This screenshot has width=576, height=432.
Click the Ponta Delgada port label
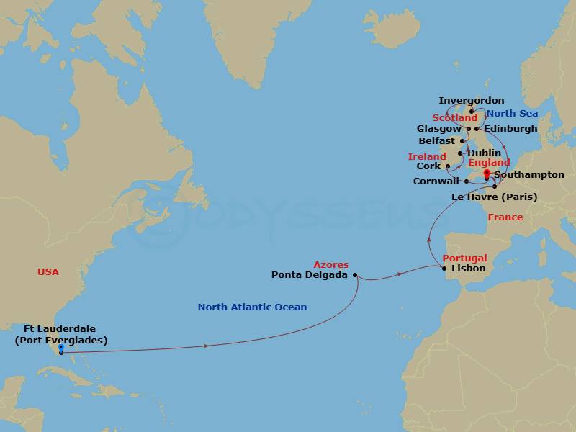coord(310,274)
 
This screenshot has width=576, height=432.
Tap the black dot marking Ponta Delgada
coord(355,274)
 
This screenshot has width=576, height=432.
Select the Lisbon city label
coord(468,269)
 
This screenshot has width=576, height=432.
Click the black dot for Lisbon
coord(444,269)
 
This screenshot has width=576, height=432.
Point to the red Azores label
coord(331,264)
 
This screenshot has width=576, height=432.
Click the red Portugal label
coord(464,258)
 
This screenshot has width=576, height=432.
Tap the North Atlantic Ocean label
coord(252,307)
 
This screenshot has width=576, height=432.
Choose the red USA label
coord(48,271)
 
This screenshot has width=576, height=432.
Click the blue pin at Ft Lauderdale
coord(60,348)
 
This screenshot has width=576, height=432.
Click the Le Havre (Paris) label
coord(493,197)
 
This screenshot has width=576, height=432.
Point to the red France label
coord(505,217)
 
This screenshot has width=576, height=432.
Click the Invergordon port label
coord(472,101)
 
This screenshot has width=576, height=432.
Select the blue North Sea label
coord(512,114)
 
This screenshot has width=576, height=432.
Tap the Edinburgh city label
coord(510,129)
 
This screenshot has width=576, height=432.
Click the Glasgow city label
coord(438,129)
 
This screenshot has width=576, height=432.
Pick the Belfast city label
coord(436,141)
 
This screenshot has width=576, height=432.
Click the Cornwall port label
coord(436,181)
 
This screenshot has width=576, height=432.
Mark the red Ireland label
coord(427,156)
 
